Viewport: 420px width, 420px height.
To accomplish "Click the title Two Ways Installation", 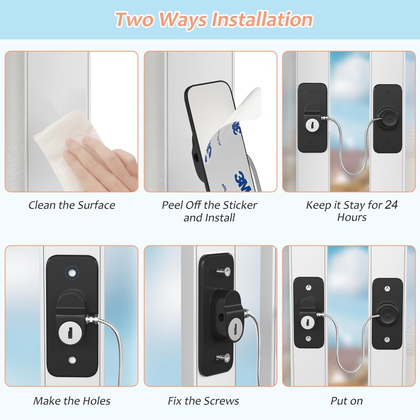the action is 214,19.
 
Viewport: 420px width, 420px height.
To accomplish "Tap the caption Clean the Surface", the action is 72,205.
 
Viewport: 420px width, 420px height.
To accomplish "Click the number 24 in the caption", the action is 391,205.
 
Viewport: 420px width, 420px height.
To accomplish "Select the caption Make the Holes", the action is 72,401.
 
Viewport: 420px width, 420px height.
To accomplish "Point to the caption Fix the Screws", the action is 203,401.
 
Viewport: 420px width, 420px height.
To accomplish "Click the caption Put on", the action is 346,401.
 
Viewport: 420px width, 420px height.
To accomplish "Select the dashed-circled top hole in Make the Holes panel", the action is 72,273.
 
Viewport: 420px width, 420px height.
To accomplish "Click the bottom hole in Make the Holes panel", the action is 72,360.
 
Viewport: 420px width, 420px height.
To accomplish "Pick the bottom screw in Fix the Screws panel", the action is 224,358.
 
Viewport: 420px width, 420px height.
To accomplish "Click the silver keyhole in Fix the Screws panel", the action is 233,331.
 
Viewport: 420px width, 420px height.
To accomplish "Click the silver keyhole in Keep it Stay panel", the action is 312,125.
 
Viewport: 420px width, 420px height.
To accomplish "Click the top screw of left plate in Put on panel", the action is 308,288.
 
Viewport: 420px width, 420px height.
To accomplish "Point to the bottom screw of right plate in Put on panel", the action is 387,340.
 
